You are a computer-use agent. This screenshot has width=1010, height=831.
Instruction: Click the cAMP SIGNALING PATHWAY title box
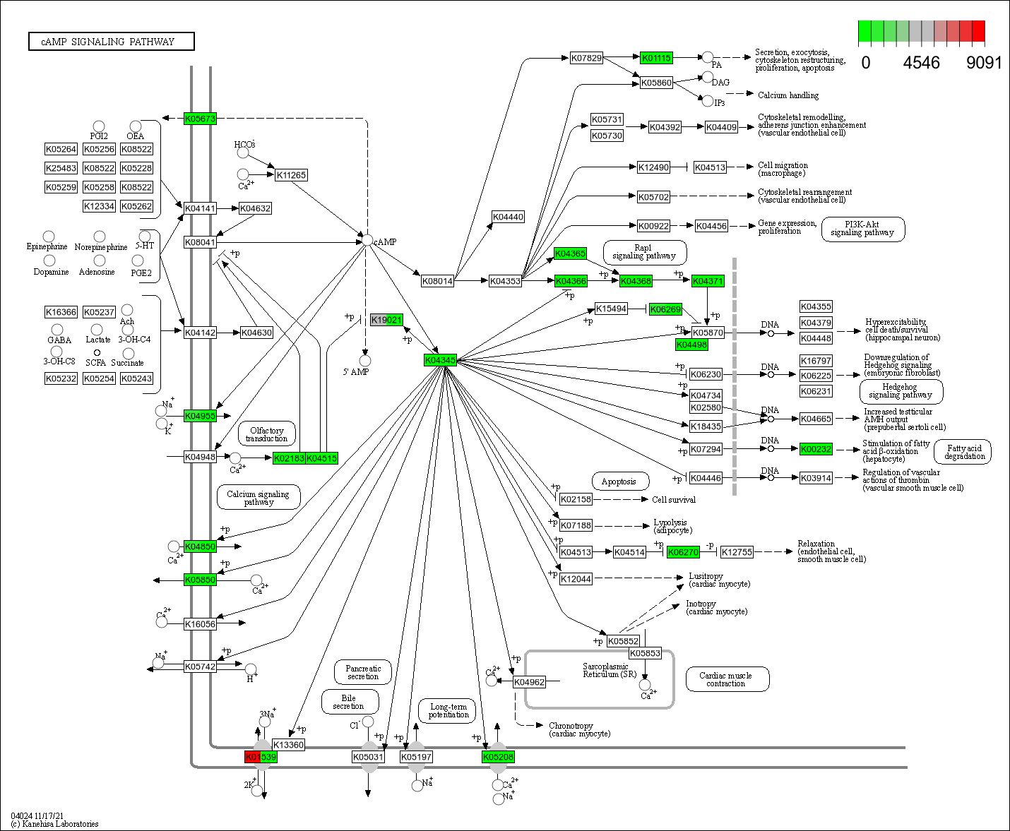(111, 42)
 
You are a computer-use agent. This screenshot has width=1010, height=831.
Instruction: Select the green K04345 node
(440, 360)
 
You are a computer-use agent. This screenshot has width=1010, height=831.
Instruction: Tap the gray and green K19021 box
(387, 320)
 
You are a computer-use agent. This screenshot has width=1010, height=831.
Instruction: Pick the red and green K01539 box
(261, 757)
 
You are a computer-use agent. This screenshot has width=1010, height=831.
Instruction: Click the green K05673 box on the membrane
(200, 119)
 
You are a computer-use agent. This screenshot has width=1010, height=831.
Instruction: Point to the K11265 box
(291, 175)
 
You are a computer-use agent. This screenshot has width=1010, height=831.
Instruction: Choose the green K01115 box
(656, 58)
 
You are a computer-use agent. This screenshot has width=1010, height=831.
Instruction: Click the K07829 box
(586, 58)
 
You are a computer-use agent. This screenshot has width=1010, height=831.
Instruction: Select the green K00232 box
(816, 449)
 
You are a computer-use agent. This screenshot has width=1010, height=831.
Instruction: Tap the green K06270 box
(683, 552)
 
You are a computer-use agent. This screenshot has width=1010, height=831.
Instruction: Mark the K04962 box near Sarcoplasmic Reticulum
(529, 682)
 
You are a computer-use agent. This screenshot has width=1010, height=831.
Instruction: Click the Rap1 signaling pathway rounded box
(644, 252)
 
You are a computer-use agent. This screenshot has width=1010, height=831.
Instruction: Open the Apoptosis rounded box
(619, 482)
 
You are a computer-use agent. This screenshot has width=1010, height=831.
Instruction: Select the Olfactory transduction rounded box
(267, 434)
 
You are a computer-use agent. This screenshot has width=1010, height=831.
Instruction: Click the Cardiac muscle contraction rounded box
(726, 679)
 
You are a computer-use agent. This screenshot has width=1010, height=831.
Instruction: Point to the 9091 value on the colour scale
(984, 63)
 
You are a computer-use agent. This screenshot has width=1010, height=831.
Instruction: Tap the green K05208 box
(498, 757)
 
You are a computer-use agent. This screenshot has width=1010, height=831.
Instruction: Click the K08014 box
(437, 281)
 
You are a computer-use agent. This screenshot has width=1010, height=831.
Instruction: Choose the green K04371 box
(707, 281)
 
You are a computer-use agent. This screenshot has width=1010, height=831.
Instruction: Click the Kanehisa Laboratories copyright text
(55, 823)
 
